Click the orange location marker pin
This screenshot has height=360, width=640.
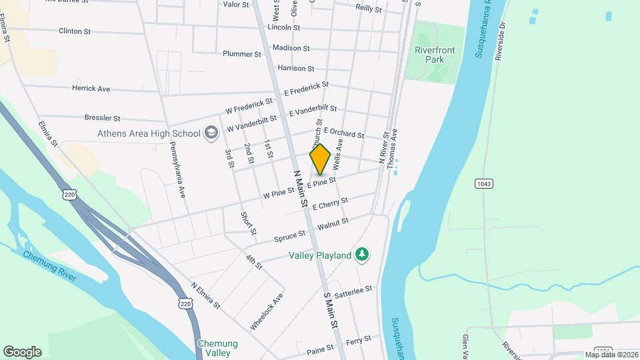[x=320, y=159]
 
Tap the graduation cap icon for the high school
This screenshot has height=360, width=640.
[x=211, y=133]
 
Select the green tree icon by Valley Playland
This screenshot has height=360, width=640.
[x=362, y=254]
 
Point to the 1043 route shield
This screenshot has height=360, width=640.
[x=484, y=183]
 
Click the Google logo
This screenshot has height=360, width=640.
[x=22, y=351]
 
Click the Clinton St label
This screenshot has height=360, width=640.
[x=75, y=31]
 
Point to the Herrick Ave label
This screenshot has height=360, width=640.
[x=91, y=88]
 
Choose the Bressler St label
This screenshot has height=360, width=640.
[x=102, y=117]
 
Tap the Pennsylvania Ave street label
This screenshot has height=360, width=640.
[x=177, y=169]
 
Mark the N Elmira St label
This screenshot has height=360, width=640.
[x=205, y=294]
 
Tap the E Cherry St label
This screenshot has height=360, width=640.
[x=329, y=204]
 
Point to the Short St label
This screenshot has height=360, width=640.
[x=249, y=223]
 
